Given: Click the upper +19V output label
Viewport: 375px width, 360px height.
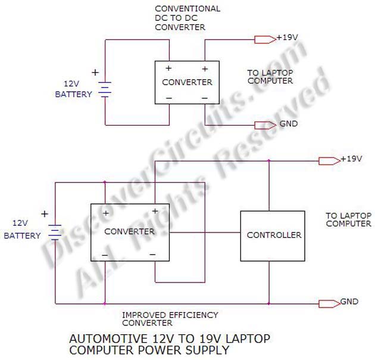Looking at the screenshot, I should pyautogui.click(x=287, y=38).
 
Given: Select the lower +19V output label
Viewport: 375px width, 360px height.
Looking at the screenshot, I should pyautogui.click(x=351, y=159).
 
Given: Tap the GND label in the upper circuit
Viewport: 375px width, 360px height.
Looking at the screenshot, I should pyautogui.click(x=288, y=125).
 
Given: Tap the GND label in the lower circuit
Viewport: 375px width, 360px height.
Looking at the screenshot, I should pyautogui.click(x=349, y=302).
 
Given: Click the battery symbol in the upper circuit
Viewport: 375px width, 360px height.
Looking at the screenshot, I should pyautogui.click(x=105, y=90).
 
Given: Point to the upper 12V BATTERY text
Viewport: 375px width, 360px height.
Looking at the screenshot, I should pyautogui.click(x=73, y=89).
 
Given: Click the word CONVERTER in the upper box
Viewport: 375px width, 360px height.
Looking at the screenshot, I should pyautogui.click(x=187, y=82).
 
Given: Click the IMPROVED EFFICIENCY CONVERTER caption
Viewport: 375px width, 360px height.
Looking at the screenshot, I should pyautogui.click(x=170, y=319).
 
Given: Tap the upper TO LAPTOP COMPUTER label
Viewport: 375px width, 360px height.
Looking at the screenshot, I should pyautogui.click(x=270, y=76).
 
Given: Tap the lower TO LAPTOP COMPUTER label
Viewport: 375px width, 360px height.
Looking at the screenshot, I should pyautogui.click(x=349, y=219).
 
